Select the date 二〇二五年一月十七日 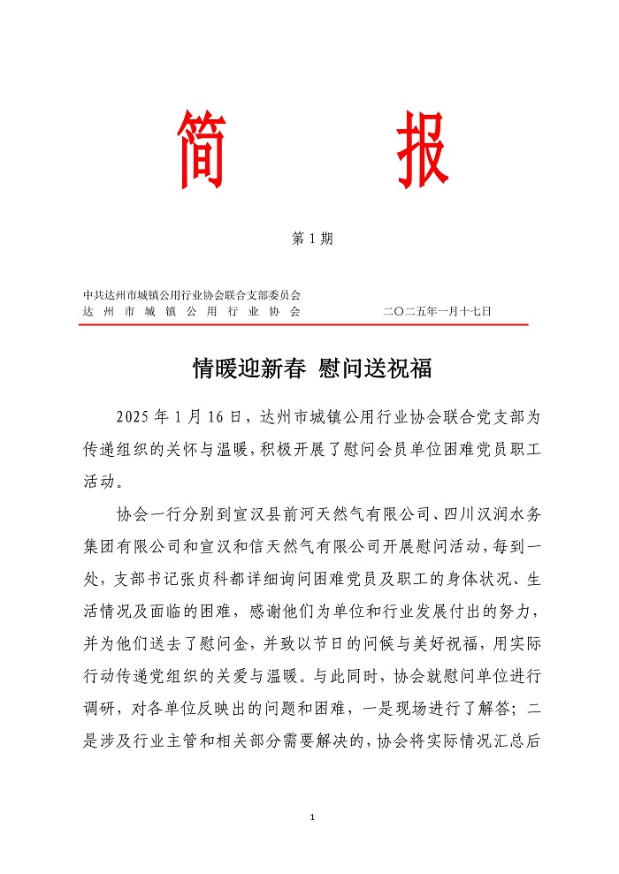(x=438, y=311)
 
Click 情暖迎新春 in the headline (x=249, y=369)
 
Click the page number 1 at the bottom (x=312, y=817)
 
